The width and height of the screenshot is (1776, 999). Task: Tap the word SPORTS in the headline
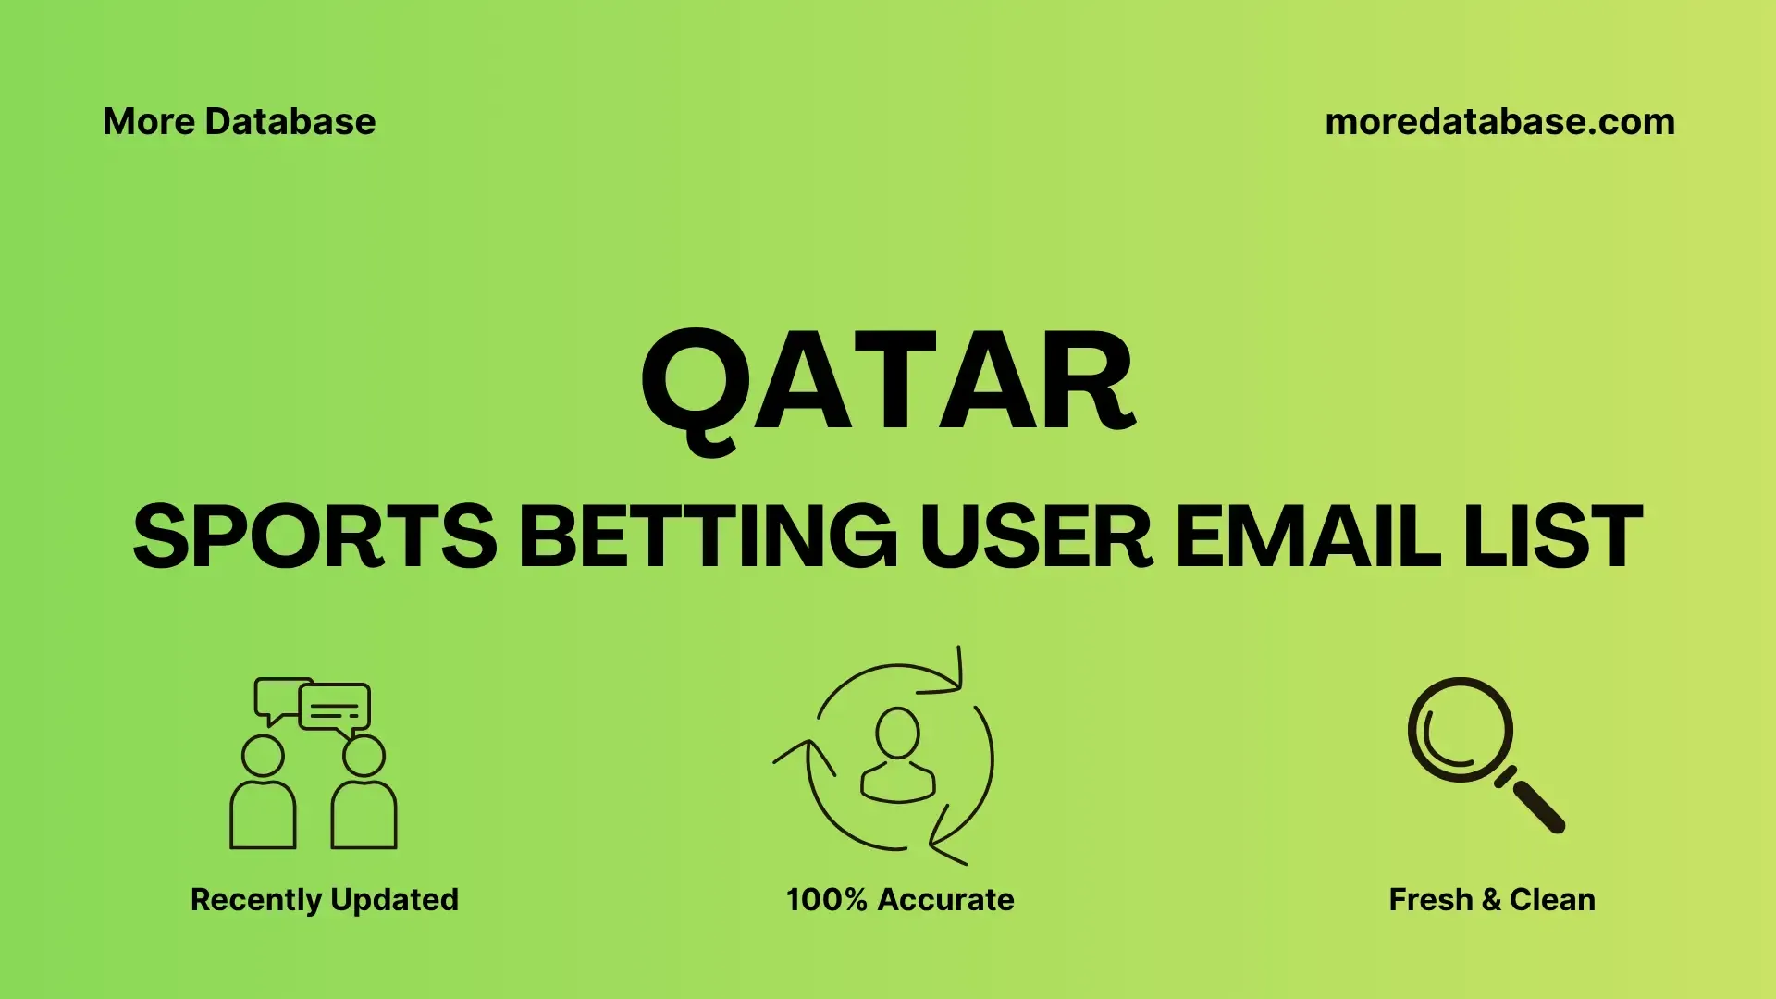point(315,536)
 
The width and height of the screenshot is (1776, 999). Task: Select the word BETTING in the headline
point(708,536)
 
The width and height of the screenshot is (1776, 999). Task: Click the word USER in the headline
point(1036,536)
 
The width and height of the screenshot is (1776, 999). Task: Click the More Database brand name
point(240,122)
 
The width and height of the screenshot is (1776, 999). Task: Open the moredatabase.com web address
point(1500,122)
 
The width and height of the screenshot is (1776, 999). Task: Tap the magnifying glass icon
point(1486,755)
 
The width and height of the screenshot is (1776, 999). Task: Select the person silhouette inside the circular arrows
point(897,755)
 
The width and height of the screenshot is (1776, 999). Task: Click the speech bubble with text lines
point(335,709)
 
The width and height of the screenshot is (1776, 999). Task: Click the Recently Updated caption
point(325,900)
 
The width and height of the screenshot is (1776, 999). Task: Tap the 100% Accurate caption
point(900,900)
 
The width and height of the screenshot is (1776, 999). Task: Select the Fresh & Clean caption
point(1492,900)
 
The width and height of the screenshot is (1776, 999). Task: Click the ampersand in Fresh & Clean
point(1491,900)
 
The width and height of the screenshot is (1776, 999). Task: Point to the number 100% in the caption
point(827,900)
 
